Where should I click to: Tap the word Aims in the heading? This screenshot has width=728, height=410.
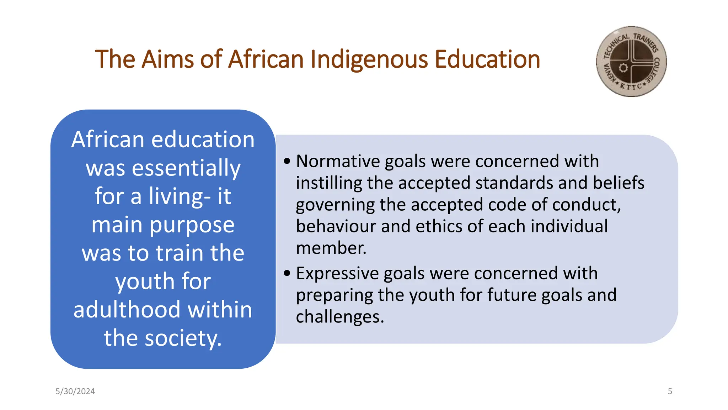pos(167,59)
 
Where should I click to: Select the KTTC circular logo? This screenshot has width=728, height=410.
pos(631,62)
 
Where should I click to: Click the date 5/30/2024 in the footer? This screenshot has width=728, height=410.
pos(75,391)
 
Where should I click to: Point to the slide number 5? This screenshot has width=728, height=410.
pos(670,391)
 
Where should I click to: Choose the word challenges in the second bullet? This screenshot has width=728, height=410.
pos(339,317)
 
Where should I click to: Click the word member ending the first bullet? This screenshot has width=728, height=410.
pos(331,248)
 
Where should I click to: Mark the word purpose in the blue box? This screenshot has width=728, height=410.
pos(192,225)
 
